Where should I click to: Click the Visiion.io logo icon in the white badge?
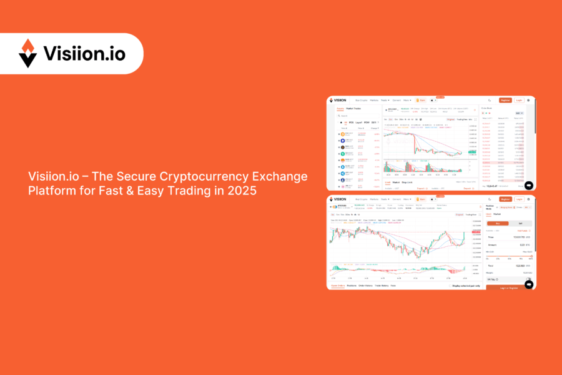[27, 53]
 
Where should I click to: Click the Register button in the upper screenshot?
[505, 100]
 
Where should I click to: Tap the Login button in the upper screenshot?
[518, 100]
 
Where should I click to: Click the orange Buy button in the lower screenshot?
[498, 223]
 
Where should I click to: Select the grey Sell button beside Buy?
[521, 223]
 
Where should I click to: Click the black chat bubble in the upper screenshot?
[529, 185]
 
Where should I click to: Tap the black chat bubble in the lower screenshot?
[529, 284]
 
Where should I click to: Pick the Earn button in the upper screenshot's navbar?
[421, 100]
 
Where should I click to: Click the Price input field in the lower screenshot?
[509, 237]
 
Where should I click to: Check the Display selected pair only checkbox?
[450, 286]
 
